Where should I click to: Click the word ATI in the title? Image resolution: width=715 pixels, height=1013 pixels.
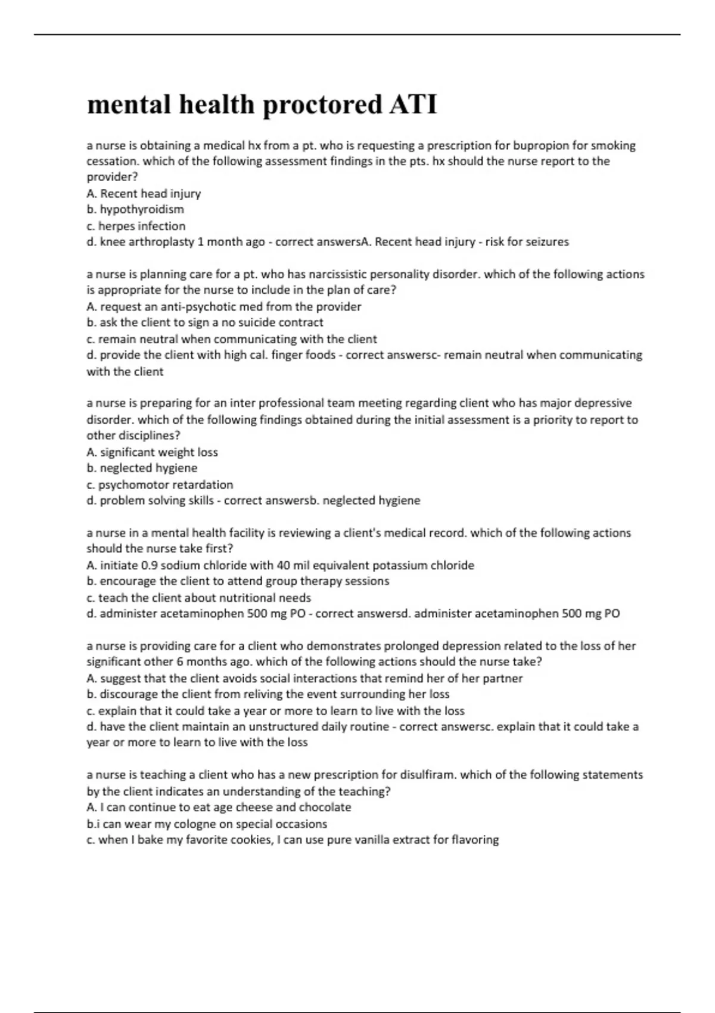(413, 105)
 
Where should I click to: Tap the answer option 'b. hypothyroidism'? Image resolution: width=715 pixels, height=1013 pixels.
(135, 209)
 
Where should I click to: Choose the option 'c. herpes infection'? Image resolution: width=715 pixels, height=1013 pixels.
(136, 226)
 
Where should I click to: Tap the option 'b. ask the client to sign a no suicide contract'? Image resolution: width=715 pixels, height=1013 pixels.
(205, 322)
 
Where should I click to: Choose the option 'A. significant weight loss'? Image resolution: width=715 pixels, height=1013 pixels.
(152, 452)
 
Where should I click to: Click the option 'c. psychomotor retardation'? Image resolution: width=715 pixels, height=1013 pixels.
(160, 484)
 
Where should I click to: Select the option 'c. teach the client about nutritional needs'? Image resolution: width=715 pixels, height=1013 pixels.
(198, 598)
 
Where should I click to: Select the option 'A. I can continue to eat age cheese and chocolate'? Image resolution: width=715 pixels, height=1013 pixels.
(219, 807)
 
